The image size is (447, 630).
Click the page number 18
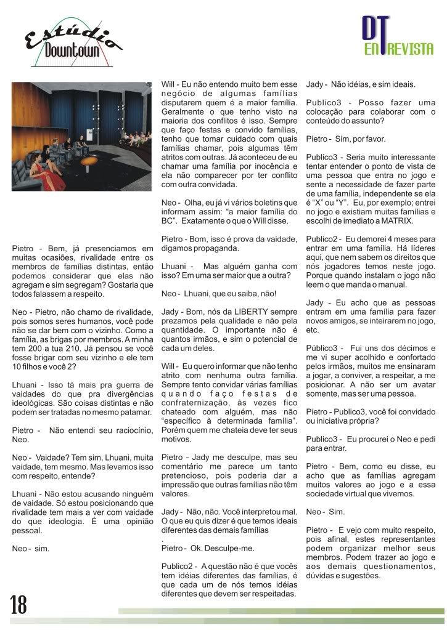(18, 605)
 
